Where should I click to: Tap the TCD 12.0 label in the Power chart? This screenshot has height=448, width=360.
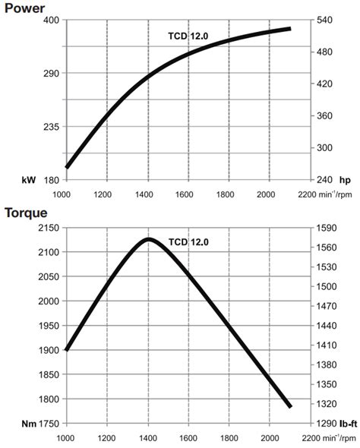click(x=188, y=36)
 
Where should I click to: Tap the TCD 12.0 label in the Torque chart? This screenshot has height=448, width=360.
click(x=188, y=242)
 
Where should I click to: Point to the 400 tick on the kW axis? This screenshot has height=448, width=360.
click(x=51, y=20)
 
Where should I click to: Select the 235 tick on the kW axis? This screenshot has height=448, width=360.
click(x=51, y=127)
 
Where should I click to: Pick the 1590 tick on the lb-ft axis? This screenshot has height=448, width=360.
click(x=327, y=228)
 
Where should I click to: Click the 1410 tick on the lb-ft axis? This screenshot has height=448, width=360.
click(x=327, y=345)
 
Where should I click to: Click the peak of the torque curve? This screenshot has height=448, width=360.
click(x=148, y=239)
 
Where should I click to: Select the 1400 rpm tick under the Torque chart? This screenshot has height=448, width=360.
click(x=147, y=438)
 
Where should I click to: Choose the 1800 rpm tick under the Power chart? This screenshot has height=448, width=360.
click(x=229, y=194)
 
